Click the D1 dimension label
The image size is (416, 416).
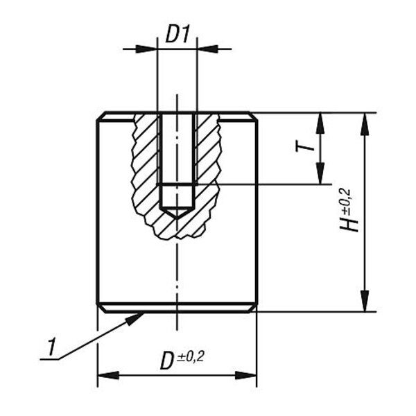pyautogui.click(x=177, y=34)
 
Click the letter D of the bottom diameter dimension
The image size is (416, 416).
pyautogui.click(x=167, y=361)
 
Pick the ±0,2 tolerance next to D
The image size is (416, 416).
pyautogui.click(x=191, y=356)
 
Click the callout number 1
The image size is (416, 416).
pyautogui.click(x=51, y=347)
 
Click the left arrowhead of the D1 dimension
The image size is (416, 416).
pyautogui.click(x=146, y=49)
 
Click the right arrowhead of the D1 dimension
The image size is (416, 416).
pyautogui.click(x=207, y=49)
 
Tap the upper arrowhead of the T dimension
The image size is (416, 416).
pyautogui.click(x=320, y=123)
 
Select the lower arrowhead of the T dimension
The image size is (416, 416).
pyautogui.click(x=320, y=173)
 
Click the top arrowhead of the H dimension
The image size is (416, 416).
pyautogui.click(x=365, y=123)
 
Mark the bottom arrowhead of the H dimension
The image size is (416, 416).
pyautogui.click(x=365, y=301)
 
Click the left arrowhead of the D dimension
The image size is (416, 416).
pyautogui.click(x=108, y=375)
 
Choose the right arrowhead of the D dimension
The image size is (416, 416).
pyautogui.click(x=246, y=375)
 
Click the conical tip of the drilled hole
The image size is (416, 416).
pyautogui.click(x=177, y=218)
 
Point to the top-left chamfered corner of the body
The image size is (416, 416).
pyautogui.click(x=101, y=116)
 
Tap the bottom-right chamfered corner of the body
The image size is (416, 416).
pyautogui.click(x=253, y=308)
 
